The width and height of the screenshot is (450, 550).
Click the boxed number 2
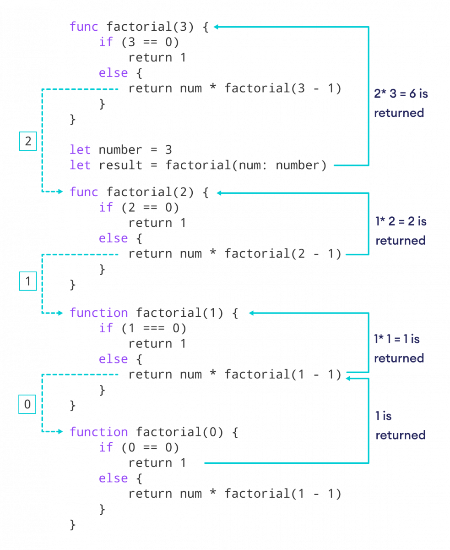point(28,141)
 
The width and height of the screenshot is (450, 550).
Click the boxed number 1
point(28,281)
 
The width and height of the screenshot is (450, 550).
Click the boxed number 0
point(27,404)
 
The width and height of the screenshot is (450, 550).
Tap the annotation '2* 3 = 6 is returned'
point(401,103)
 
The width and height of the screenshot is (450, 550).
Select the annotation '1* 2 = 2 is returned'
point(401,231)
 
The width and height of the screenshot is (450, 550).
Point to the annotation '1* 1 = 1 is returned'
point(398,348)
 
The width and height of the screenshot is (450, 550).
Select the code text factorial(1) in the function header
point(179,313)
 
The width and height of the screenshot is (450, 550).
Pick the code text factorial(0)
point(179,432)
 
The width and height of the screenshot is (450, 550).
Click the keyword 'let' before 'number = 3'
point(80,149)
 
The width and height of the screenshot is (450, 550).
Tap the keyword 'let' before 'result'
point(80,165)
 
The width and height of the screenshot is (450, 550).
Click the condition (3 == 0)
point(150,42)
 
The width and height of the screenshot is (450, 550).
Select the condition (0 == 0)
point(150,447)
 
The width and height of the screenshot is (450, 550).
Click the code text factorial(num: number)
point(246,165)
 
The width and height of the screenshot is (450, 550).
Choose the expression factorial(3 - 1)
point(283,88)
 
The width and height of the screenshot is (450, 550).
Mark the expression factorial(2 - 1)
point(283,253)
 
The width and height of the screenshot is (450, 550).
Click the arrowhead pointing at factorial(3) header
point(216,27)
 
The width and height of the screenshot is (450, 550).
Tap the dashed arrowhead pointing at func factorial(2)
point(60,192)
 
